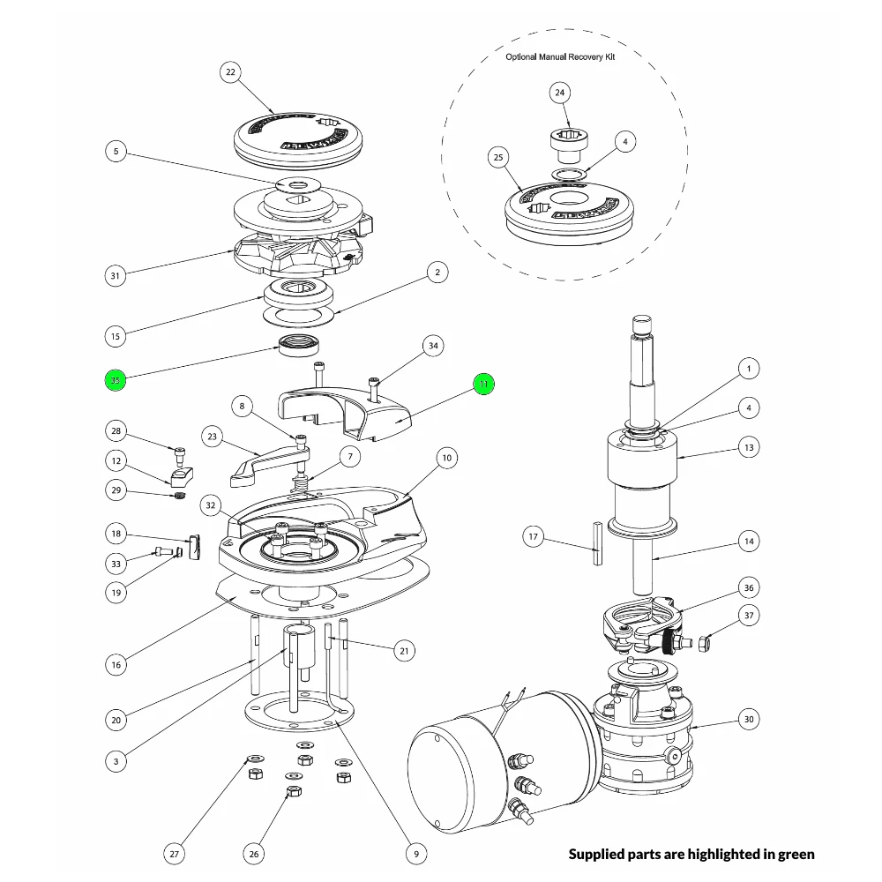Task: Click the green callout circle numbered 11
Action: (x=483, y=384)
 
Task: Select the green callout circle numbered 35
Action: (x=116, y=380)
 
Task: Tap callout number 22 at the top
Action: (x=230, y=72)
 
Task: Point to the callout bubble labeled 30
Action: (x=748, y=720)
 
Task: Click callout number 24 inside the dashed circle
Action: (x=560, y=93)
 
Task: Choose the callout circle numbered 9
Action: (x=415, y=853)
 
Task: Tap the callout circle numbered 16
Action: (x=116, y=664)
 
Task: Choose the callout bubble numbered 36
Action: (x=748, y=587)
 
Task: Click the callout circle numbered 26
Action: (x=254, y=853)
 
